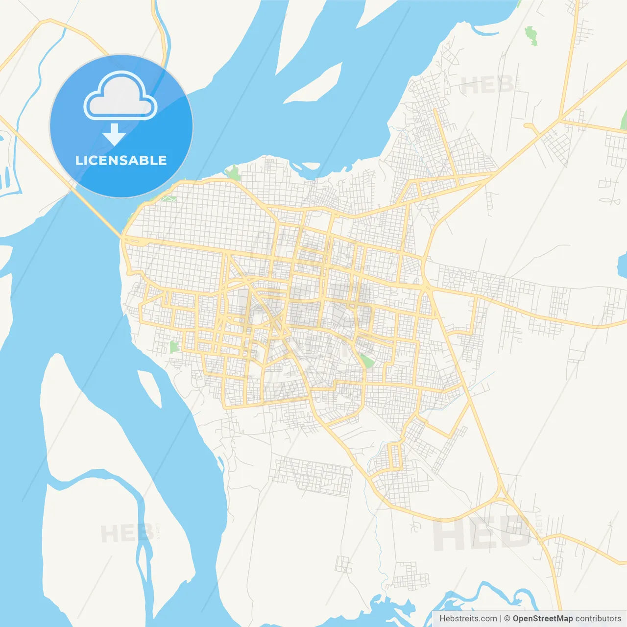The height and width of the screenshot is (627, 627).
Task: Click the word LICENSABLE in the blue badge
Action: coord(121,160)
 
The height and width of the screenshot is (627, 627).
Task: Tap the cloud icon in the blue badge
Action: coord(121,96)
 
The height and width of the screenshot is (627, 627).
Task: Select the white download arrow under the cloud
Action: coord(114,134)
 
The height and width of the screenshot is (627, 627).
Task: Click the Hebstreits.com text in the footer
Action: coord(468,619)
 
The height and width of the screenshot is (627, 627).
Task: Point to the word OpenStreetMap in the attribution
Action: coord(543,619)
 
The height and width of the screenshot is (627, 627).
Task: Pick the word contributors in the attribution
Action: coord(598,619)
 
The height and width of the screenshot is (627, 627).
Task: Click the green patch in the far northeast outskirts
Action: coord(531,36)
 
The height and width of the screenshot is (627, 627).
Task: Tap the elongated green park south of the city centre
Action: coord(366,361)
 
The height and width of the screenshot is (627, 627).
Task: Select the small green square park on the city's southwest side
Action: coord(174,347)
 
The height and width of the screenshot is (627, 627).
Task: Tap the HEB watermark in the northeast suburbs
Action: coord(487,86)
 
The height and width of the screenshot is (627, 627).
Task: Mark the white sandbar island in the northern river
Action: coord(313,83)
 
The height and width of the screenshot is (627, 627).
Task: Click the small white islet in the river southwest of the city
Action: coord(149,387)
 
